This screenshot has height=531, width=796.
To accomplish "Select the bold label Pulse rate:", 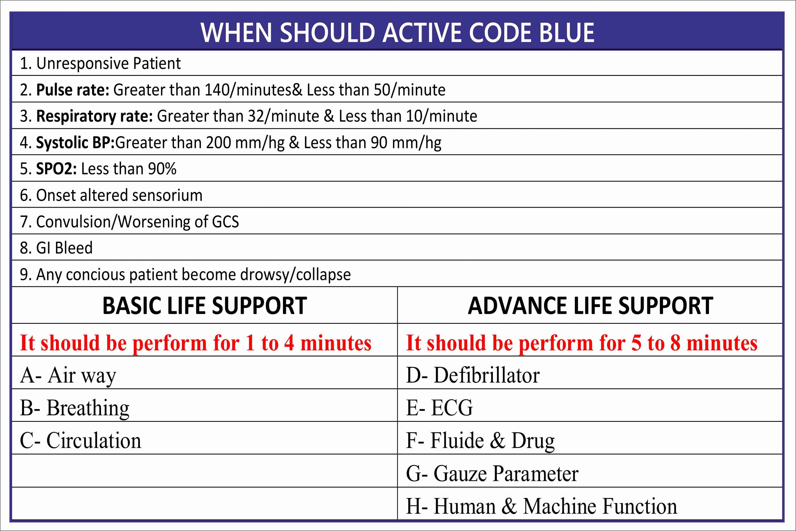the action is tap(73, 90).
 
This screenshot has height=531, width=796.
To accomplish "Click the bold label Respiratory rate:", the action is tap(95, 116).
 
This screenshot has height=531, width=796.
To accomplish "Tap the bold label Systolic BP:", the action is tap(76, 142).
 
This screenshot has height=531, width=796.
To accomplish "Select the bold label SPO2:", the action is tap(57, 169).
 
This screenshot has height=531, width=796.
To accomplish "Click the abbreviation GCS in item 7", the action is tap(225, 222).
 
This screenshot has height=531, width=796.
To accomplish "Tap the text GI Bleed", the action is tap(64, 248).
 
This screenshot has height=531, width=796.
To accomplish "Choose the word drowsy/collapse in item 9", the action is tap(295, 275).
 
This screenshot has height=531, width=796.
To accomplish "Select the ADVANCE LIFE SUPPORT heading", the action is tap(590, 306).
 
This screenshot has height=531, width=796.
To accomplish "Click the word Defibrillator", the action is tap(487, 375).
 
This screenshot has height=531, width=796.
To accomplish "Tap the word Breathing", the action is tap(88, 408).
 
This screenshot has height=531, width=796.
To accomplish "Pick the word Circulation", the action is tap(94, 440).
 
